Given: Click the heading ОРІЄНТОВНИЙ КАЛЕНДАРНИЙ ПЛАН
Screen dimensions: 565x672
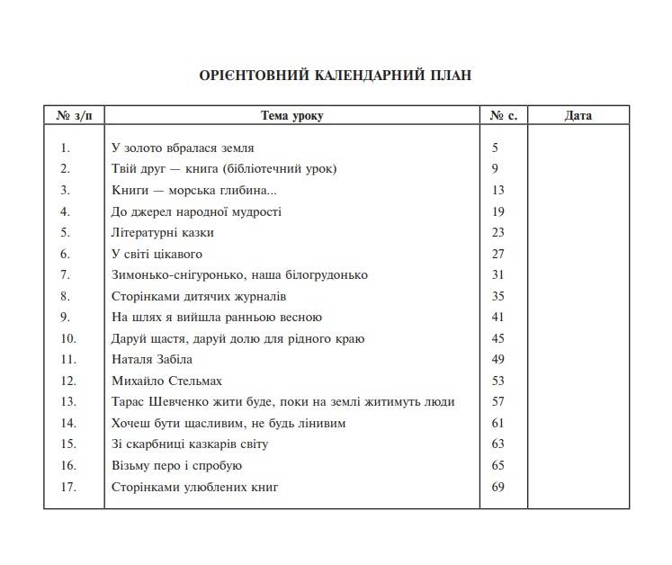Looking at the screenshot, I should [335, 75].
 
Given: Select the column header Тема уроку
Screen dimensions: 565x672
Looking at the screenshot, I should [291, 116].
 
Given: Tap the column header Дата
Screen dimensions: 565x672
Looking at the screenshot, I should [578, 116].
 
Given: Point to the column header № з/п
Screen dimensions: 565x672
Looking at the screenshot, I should [74, 116].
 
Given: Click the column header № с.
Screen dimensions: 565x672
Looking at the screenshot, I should [503, 116].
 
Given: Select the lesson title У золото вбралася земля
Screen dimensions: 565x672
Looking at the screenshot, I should [183, 148].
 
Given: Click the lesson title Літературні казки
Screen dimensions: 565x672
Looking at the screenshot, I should [163, 232].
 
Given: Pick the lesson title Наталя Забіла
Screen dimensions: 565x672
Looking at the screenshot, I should [152, 359].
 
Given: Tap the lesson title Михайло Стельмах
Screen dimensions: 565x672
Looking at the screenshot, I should [166, 381].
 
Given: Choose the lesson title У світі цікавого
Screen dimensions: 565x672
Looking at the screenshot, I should [157, 254].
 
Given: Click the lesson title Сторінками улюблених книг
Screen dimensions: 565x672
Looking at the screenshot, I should [195, 487].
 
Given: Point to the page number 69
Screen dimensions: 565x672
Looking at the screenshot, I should [498, 487].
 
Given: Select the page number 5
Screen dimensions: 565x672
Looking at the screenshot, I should [495, 148].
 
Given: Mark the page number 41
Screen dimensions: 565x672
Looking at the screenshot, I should [498, 318].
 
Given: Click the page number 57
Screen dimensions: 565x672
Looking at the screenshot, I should [498, 402].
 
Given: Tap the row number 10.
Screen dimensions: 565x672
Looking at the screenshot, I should [68, 338].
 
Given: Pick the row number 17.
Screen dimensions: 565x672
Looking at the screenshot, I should [68, 487].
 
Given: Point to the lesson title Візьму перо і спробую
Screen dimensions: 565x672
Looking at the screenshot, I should [176, 466].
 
